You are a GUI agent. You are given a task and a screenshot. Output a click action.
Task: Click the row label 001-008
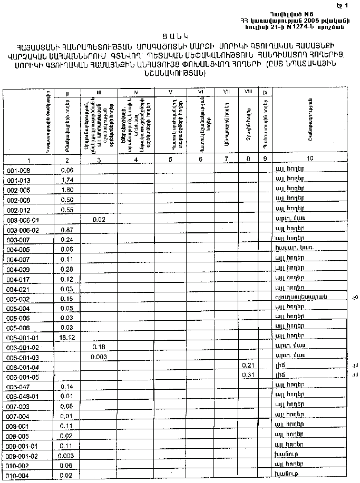[18, 171]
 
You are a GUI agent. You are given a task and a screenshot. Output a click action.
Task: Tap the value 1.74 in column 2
[66, 180]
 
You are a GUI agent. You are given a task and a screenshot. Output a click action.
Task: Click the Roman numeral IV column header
[135, 93]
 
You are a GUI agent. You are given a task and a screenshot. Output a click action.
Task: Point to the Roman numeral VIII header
[248, 93]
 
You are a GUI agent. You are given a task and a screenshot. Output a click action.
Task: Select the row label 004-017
[18, 279]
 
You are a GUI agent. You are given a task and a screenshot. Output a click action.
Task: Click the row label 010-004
[18, 476]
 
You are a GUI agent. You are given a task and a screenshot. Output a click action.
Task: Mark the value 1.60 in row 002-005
[66, 190]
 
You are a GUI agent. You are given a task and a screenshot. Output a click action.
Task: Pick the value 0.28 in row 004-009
[66, 270]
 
